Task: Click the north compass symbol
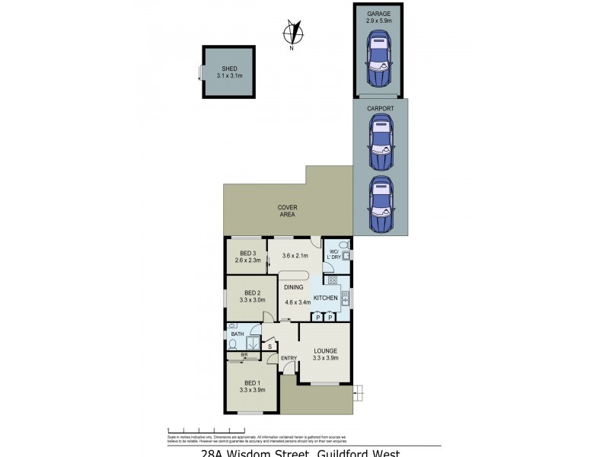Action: coord(292,34)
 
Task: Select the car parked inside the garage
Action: coord(379,65)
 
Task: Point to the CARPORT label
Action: coord(380,109)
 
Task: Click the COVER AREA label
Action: coord(287,210)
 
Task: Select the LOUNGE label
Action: coord(326,351)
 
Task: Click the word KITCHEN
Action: coord(326,298)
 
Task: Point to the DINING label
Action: coord(293,287)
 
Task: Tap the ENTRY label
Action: coord(289,358)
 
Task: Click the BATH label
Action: coord(237,334)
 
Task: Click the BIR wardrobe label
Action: coord(244,355)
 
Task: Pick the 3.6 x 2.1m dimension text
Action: coord(293,256)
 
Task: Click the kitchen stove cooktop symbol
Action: coord(333,280)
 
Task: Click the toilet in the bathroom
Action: coord(232,344)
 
